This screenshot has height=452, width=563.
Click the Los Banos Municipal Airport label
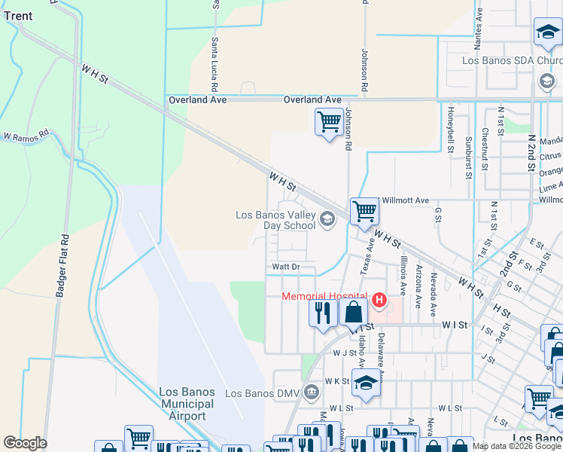[187, 405]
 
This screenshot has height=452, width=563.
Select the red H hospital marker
[378, 301]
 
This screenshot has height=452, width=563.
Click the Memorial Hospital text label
[324, 296]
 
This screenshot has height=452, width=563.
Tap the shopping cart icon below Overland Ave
[329, 122]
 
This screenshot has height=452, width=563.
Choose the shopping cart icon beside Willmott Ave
[364, 212]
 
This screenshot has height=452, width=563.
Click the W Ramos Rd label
[25, 138]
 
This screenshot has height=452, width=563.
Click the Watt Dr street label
[286, 267]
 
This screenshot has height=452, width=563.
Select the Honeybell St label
[451, 130]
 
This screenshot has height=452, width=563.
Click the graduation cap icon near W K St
[366, 384]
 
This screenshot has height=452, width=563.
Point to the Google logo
[25, 443]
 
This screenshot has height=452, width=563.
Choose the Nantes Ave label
[479, 27]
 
